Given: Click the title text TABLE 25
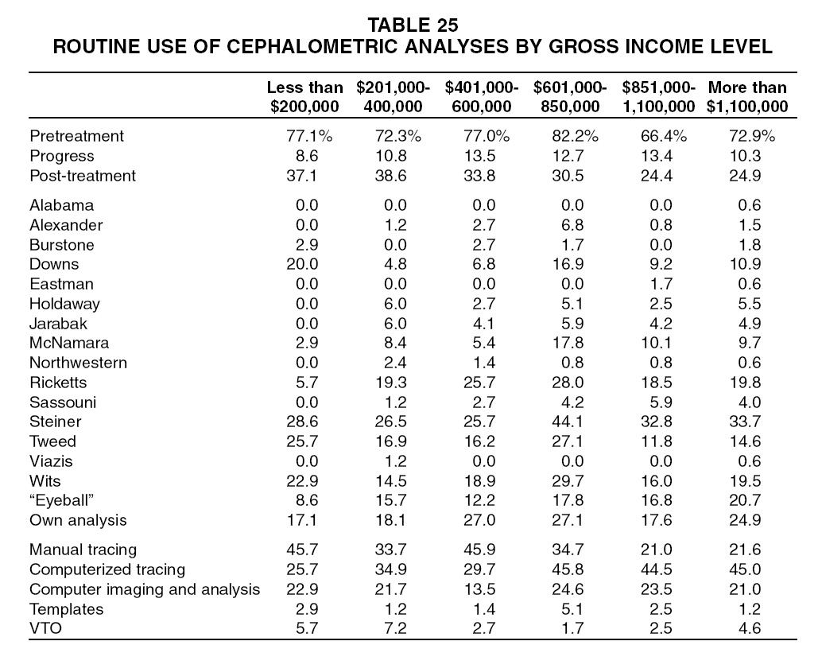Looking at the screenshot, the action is (x=413, y=25).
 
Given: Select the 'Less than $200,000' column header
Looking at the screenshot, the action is (x=304, y=96).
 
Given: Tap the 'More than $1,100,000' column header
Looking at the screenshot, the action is (x=747, y=96).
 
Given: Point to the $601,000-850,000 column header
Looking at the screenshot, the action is (x=570, y=96).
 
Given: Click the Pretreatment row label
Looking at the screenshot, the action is (x=76, y=136).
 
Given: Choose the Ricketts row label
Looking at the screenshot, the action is (x=58, y=383).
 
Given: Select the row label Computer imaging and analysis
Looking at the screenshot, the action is (x=145, y=589).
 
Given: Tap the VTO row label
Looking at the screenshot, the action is (x=45, y=628).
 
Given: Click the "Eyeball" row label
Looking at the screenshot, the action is (x=61, y=500).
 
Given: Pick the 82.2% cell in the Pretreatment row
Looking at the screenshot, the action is (x=575, y=136).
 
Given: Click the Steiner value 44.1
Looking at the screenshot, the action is (x=568, y=422).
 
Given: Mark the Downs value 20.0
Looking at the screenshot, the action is (x=302, y=264).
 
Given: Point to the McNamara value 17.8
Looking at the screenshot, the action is (x=568, y=343).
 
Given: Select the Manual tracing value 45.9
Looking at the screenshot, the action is (x=479, y=550).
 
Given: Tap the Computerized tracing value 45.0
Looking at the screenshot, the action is (x=745, y=569).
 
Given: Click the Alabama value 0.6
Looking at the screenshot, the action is (x=749, y=205).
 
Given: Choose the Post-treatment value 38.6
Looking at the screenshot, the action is (x=391, y=176).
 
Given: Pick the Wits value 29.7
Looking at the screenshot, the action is (x=568, y=481).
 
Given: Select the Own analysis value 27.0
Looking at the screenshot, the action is (x=479, y=520).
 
